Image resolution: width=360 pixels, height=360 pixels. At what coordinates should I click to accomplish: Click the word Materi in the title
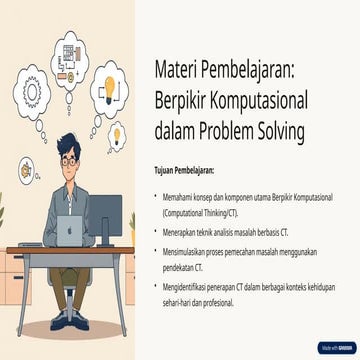tap(176, 70)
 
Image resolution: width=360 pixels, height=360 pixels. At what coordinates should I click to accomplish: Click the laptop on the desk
tap(69, 231)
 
